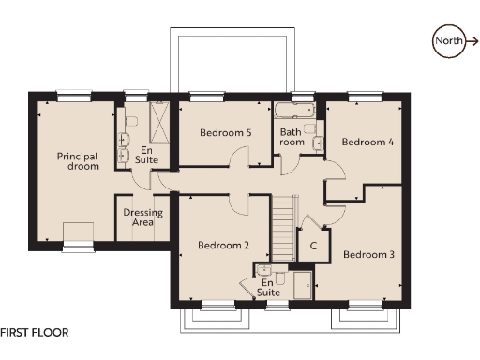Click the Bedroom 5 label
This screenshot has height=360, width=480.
tap(225, 132)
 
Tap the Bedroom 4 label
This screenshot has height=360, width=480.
tap(367, 142)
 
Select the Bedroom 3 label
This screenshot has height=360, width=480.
tap(367, 254)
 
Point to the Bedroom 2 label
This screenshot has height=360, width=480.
tap(223, 246)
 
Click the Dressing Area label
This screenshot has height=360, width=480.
tap(142, 218)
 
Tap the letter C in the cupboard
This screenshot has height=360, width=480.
tap(312, 246)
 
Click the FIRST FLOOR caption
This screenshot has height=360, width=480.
tap(35, 332)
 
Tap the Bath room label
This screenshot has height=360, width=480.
tap(292, 137)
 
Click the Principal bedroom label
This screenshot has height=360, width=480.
tap(77, 160)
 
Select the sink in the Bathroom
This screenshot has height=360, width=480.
tap(320, 142)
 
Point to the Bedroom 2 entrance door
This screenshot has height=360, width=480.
tap(238, 202)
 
